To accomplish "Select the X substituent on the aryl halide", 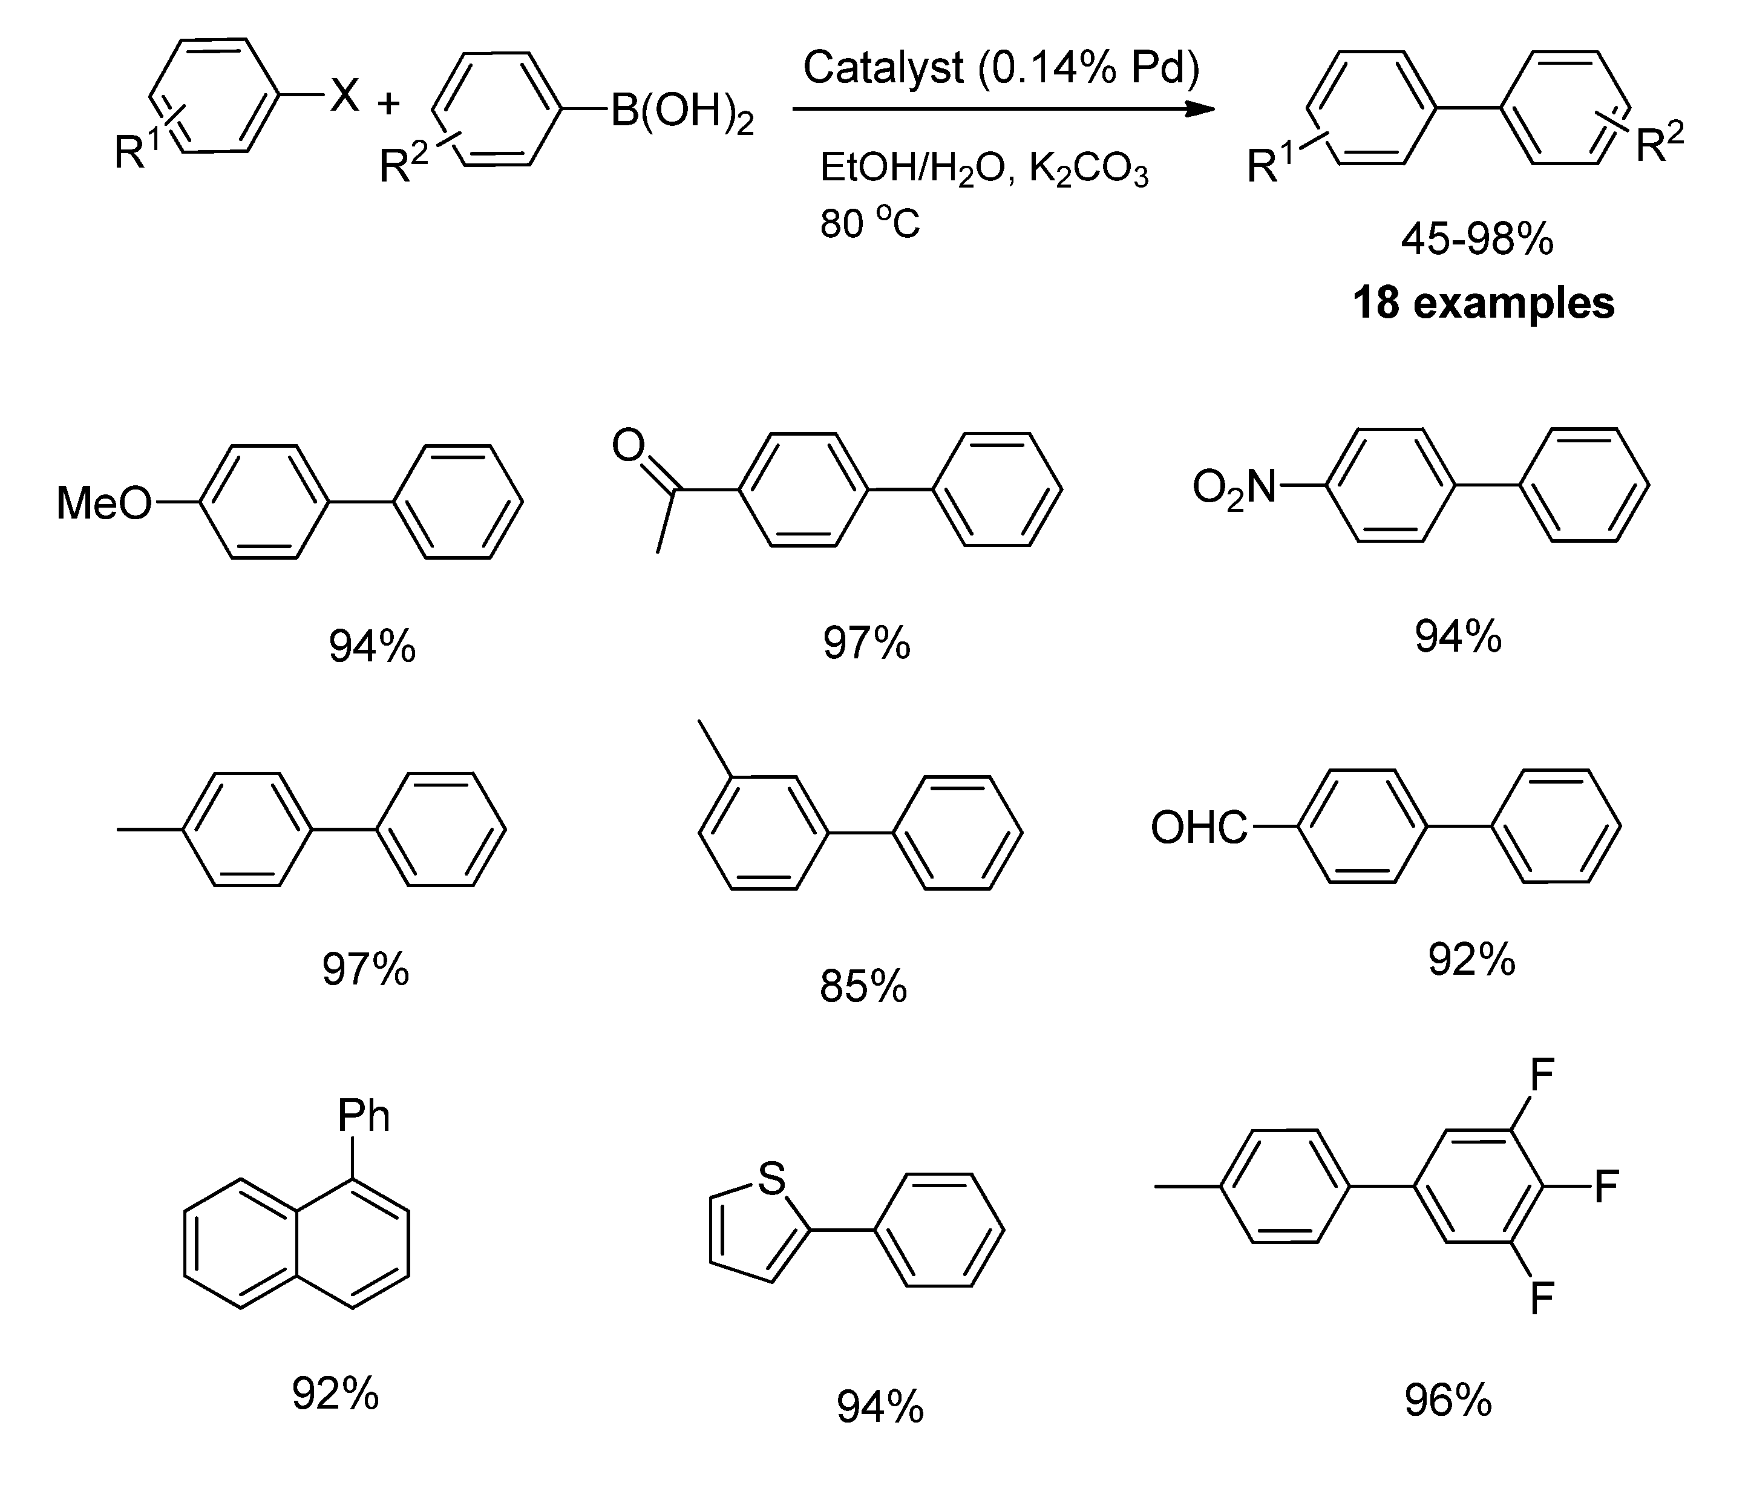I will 345,94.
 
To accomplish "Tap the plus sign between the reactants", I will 388,104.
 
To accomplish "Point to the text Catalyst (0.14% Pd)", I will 1001,68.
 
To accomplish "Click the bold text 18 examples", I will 1483,302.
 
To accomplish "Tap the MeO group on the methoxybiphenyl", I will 103,503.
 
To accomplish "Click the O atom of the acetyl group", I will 629,445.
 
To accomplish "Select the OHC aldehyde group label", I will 1199,828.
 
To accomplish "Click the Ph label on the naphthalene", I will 364,1116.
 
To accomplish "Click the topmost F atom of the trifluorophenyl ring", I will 1542,1076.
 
